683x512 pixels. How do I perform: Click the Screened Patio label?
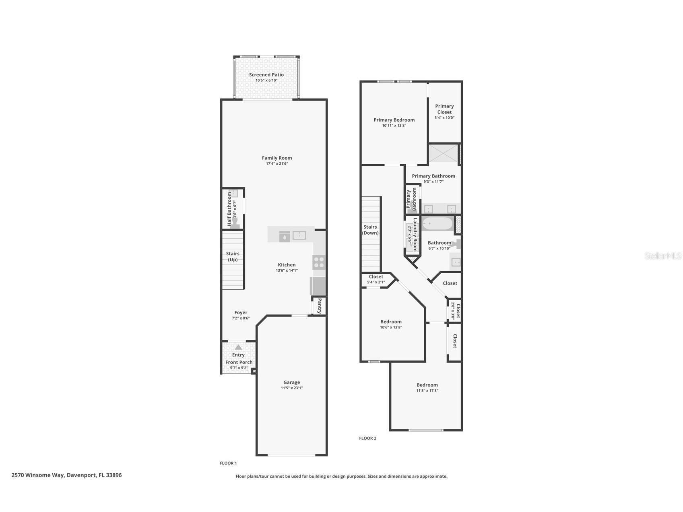coord(266,74)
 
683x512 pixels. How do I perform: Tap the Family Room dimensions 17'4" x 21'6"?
coord(277,164)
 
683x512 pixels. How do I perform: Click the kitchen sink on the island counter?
coord(299,235)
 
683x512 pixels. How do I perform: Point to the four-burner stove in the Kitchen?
coord(319,262)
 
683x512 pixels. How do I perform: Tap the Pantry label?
coord(320,306)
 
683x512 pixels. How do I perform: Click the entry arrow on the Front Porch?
coord(238,347)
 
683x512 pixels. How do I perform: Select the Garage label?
coord(291,382)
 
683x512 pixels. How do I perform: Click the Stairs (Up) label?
coord(233,256)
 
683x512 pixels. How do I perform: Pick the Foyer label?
coord(241,312)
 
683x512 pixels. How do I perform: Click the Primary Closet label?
coord(444,109)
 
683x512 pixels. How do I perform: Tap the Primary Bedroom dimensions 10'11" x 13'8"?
coord(394,126)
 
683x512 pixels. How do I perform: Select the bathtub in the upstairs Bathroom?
coord(437,223)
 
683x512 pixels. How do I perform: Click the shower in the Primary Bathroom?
coord(444,153)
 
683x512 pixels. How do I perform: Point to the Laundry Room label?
coord(415,235)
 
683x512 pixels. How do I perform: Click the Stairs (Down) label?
coord(370,230)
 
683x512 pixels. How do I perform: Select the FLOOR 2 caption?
coord(367,438)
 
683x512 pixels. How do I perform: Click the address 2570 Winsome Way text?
coord(38,475)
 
